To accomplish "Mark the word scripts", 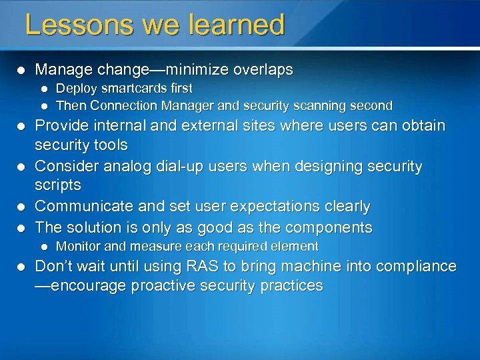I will coord(58,185).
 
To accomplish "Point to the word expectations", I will coord(277,207).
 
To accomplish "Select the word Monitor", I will coord(77,246).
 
